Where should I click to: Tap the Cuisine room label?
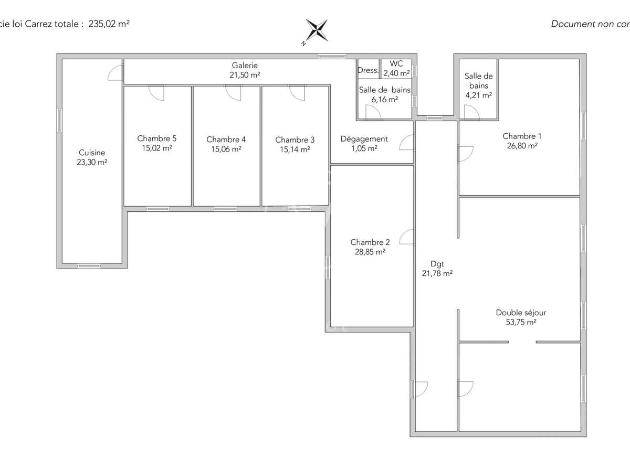(92, 153)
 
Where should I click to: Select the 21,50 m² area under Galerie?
(245, 75)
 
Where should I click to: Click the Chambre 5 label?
(156, 138)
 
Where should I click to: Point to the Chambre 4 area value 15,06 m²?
(226, 149)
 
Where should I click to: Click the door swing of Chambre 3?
(297, 93)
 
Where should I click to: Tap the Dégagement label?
(364, 139)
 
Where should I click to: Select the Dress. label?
(368, 70)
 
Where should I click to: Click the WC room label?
(396, 64)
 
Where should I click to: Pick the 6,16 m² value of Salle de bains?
(384, 99)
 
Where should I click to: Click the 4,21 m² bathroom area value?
(478, 95)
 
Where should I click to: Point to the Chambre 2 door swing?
(407, 237)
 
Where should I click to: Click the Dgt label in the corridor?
(437, 264)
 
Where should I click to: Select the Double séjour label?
(521, 313)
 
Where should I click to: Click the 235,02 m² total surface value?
(109, 24)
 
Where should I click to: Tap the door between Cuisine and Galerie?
(115, 72)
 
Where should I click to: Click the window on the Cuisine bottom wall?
(89, 266)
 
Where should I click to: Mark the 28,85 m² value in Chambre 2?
(370, 252)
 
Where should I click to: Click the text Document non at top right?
(580, 24)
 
